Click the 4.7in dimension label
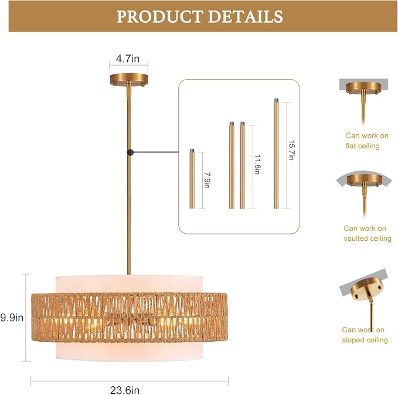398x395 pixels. tap(128, 59)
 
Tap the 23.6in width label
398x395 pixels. tap(125, 390)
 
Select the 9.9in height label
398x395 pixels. tap(12, 317)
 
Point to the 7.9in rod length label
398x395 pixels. tap(207, 181)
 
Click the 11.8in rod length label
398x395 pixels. tap(257, 164)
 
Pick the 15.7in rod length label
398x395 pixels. tap(291, 150)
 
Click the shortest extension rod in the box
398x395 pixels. tap(192, 179)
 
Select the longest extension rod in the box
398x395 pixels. tap(276, 154)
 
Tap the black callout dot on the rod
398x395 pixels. tap(130, 152)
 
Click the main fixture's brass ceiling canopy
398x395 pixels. tap(129, 79)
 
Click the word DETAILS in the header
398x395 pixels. tap(246, 17)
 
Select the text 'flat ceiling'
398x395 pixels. tap(362, 146)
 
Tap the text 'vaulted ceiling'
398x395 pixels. tap(368, 239)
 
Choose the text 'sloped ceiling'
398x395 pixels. tap(365, 340)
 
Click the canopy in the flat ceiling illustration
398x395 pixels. tap(363, 87)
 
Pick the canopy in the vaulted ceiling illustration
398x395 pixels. tap(365, 179)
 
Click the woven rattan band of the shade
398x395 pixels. tap(130, 318)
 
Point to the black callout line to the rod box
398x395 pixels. tap(156, 152)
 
